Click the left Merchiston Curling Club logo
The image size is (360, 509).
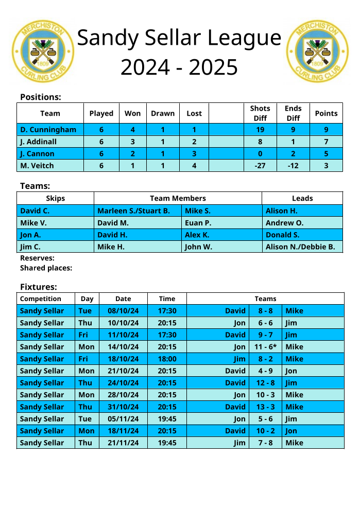43,51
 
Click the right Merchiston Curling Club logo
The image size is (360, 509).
317,51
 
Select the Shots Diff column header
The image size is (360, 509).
260,113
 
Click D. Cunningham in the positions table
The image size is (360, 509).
48,130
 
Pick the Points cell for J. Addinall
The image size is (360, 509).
326,142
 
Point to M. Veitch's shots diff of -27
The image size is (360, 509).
260,166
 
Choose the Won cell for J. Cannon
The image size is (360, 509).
133,154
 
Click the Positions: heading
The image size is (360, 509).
41,97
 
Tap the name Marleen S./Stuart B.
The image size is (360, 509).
133,210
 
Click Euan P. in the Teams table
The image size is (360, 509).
198,223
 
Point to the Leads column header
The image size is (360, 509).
302,198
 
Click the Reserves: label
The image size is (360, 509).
37,258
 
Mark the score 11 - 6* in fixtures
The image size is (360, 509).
265,347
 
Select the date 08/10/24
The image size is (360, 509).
123,311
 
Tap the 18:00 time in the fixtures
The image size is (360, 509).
167,359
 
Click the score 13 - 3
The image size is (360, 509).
265,407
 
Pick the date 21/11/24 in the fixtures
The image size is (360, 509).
123,443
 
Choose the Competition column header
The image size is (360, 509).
41,299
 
